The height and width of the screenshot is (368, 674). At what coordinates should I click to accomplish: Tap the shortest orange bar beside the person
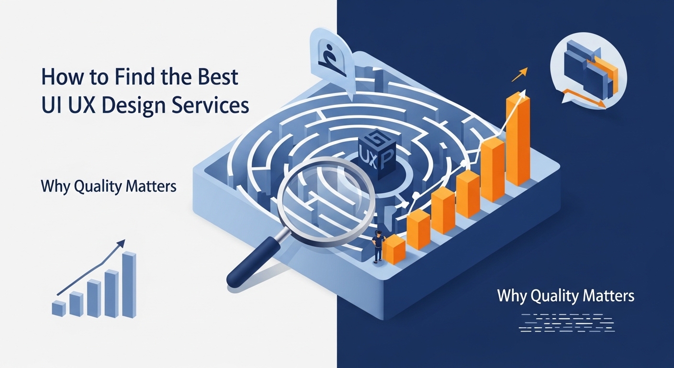point(395,249)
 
